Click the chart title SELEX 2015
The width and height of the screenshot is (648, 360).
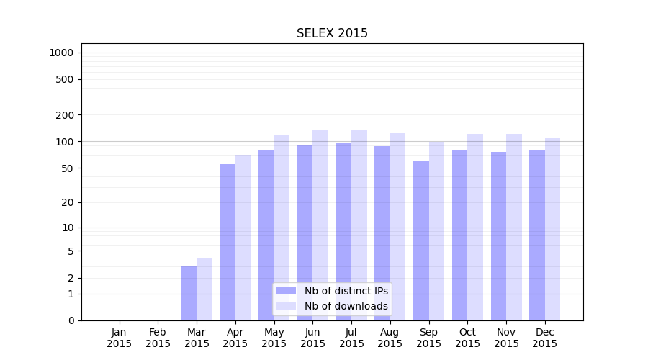coord(332,34)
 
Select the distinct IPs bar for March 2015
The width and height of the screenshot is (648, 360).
coord(189,293)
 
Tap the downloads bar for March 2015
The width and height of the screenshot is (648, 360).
coord(204,289)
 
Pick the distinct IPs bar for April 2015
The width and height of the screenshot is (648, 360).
coord(228,242)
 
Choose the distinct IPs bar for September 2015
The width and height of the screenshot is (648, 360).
coord(421,240)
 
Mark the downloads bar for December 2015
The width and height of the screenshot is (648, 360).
coord(552,229)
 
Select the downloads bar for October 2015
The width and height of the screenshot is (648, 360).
coord(475,227)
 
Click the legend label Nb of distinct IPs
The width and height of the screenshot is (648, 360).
coord(346,291)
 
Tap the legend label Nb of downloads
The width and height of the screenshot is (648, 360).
coord(346,306)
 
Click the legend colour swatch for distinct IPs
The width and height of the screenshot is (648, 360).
coord(286,291)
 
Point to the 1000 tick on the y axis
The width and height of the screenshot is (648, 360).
coord(61,53)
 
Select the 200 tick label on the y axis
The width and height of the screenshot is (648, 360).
coord(65,115)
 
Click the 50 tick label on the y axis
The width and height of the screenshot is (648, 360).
coord(67,168)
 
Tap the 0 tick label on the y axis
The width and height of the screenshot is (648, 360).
coord(71,320)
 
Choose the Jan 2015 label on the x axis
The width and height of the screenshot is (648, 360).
coord(120,338)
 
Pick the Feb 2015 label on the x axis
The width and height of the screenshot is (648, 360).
coord(158,338)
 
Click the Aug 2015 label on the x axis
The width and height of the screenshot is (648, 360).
coord(390,338)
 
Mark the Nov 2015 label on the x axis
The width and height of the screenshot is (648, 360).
coord(506,338)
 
